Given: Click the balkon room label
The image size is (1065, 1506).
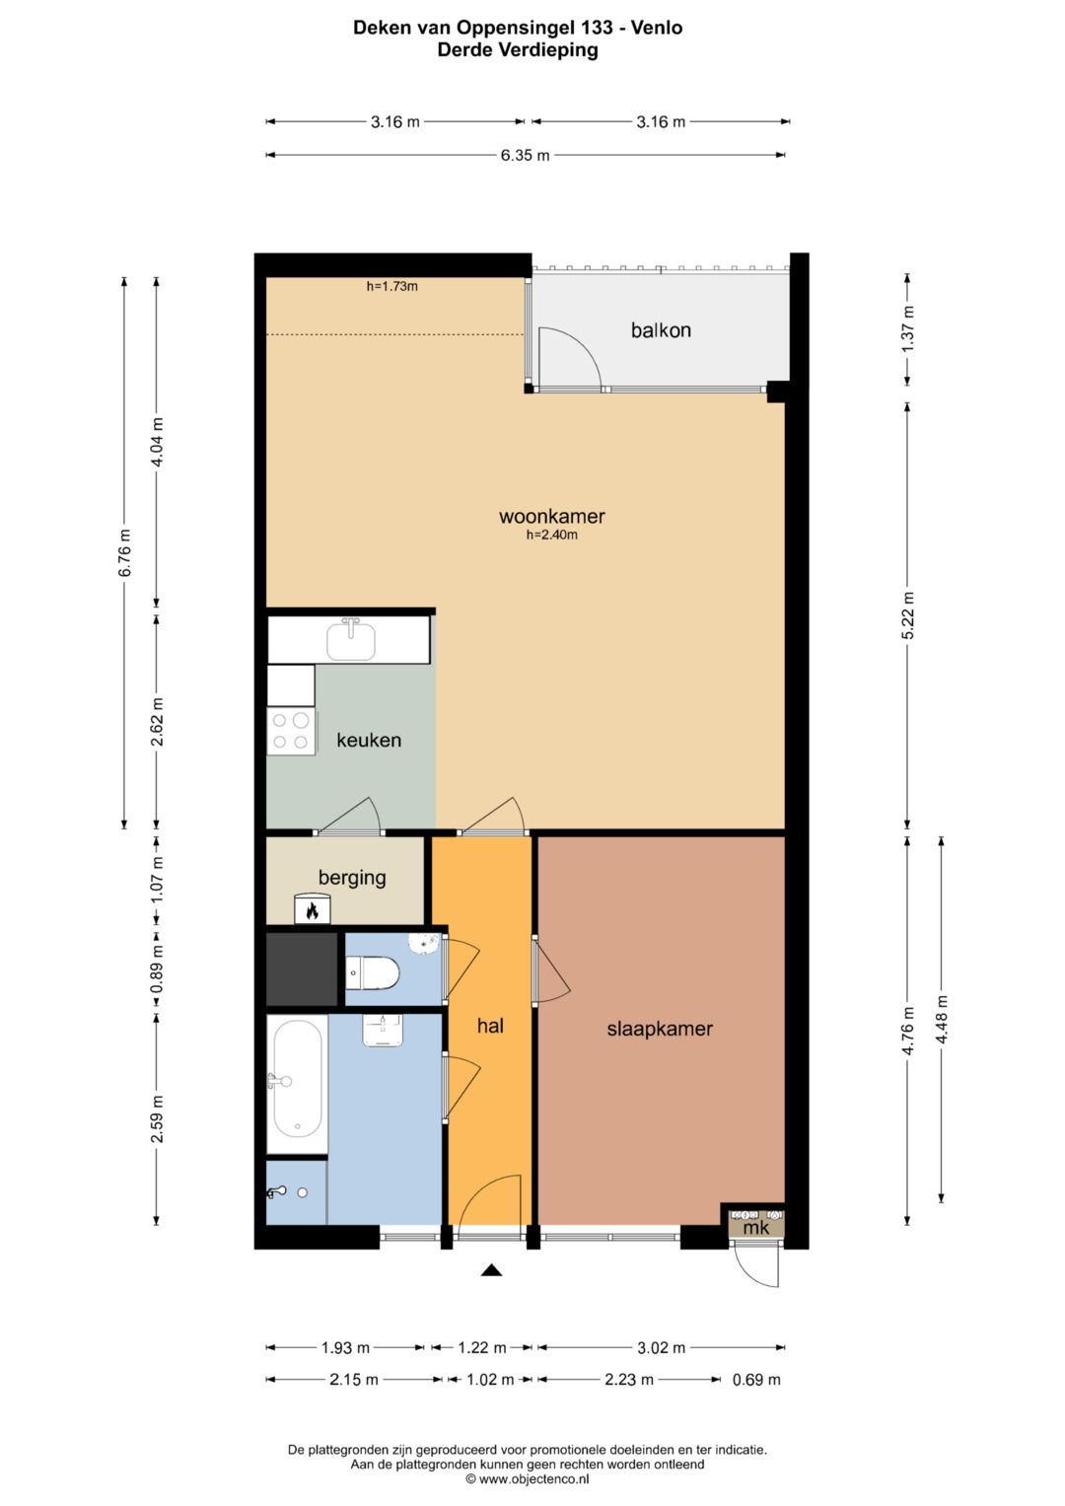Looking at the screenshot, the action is [661, 330].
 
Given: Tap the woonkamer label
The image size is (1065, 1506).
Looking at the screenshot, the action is [551, 517].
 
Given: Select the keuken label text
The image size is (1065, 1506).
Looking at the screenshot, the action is [369, 741].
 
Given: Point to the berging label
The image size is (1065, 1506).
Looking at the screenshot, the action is [352, 878].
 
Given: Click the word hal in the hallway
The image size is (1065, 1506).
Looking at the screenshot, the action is [490, 1026].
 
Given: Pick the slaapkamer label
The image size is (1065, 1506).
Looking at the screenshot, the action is [660, 1029].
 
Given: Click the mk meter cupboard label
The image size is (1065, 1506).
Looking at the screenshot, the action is [755, 1228].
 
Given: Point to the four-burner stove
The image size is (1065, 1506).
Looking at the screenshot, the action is [291, 732].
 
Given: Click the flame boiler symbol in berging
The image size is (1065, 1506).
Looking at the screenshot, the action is [312, 909].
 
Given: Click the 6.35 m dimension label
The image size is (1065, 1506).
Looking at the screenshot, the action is [525, 155].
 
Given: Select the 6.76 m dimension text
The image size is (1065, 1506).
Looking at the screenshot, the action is [124, 552].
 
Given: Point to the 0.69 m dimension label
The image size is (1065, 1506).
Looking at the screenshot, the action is [756, 1380].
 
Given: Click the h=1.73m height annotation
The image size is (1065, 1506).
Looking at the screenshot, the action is [392, 286].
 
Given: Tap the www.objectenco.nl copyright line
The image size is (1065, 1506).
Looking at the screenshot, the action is [528, 1478].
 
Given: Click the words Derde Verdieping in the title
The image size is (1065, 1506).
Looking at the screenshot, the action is [518, 49].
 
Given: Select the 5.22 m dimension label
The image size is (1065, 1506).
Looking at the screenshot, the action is [907, 615].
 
